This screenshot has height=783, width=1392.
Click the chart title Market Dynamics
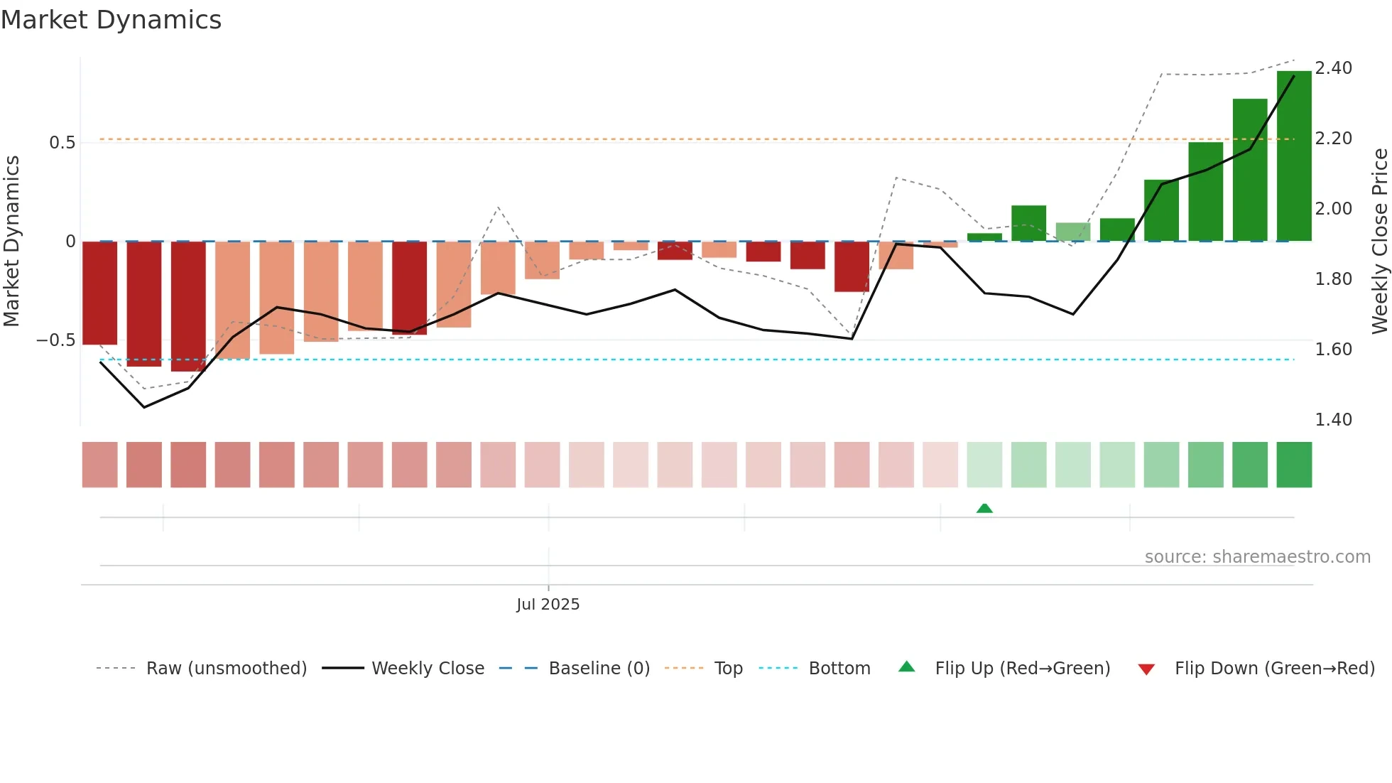[x=111, y=20]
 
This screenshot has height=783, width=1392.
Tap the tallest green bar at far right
[x=1294, y=156]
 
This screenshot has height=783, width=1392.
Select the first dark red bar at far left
[x=100, y=293]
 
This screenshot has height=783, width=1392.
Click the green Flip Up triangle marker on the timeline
[x=984, y=508]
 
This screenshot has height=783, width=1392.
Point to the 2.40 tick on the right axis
[x=1333, y=68]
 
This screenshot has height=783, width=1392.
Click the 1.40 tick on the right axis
[x=1333, y=420]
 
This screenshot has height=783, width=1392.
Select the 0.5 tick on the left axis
[x=62, y=143]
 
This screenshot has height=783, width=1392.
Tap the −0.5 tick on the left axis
[x=56, y=340]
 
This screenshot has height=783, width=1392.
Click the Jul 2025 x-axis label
[x=548, y=604]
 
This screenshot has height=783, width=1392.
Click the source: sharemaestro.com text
[x=1257, y=557]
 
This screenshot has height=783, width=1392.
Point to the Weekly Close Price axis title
[x=1379, y=241]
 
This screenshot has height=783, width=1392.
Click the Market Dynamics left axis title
[x=11, y=241]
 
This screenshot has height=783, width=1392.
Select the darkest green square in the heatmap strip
[x=1294, y=465]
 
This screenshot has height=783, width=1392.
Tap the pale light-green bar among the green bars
[x=1073, y=232]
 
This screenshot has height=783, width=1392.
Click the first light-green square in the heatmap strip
[x=984, y=465]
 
